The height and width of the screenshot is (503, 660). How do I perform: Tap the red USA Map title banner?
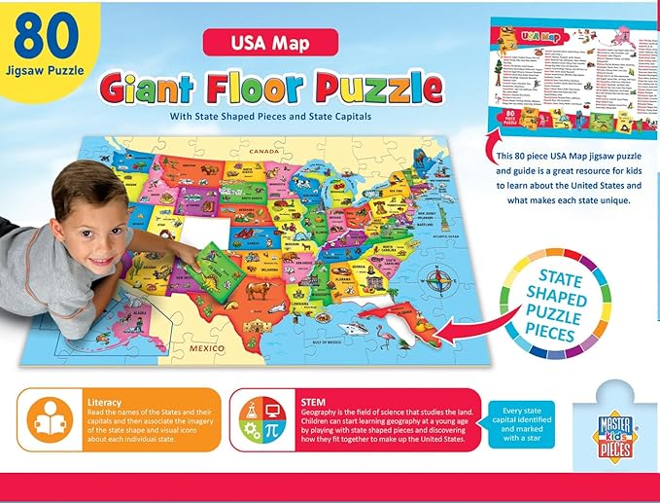tap(269, 42)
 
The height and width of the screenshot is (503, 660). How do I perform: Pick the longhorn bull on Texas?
tap(259, 289)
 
